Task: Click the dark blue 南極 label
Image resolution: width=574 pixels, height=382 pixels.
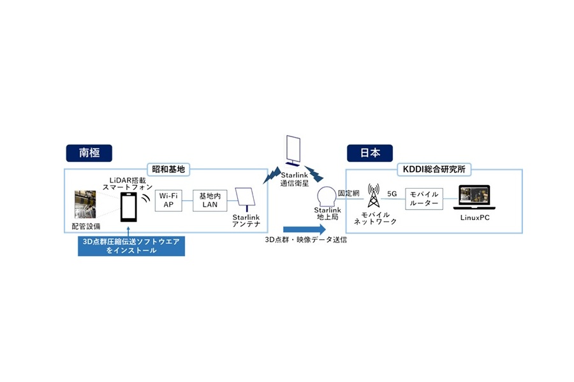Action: [x=89, y=152]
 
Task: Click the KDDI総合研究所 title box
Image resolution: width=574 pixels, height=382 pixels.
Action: [x=434, y=170]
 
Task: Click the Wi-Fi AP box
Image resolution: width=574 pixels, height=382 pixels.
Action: [x=169, y=199]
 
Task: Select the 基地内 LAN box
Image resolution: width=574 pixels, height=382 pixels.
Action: [x=209, y=199]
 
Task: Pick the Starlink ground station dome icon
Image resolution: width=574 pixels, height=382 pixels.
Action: [x=327, y=195]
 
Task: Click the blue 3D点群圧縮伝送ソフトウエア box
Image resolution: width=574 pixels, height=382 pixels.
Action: [x=131, y=246]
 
